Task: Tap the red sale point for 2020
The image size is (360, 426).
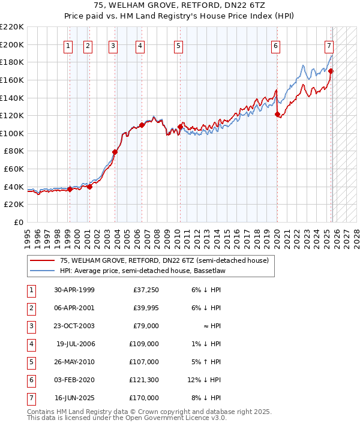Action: click(277, 114)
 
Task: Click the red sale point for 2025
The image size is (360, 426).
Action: click(331, 71)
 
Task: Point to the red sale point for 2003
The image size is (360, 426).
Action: click(115, 152)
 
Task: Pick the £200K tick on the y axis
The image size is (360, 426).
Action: click(12, 44)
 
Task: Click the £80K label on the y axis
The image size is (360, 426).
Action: click(14, 151)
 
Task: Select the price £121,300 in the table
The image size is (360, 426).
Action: click(144, 380)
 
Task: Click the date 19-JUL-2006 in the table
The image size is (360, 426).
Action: click(75, 344)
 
